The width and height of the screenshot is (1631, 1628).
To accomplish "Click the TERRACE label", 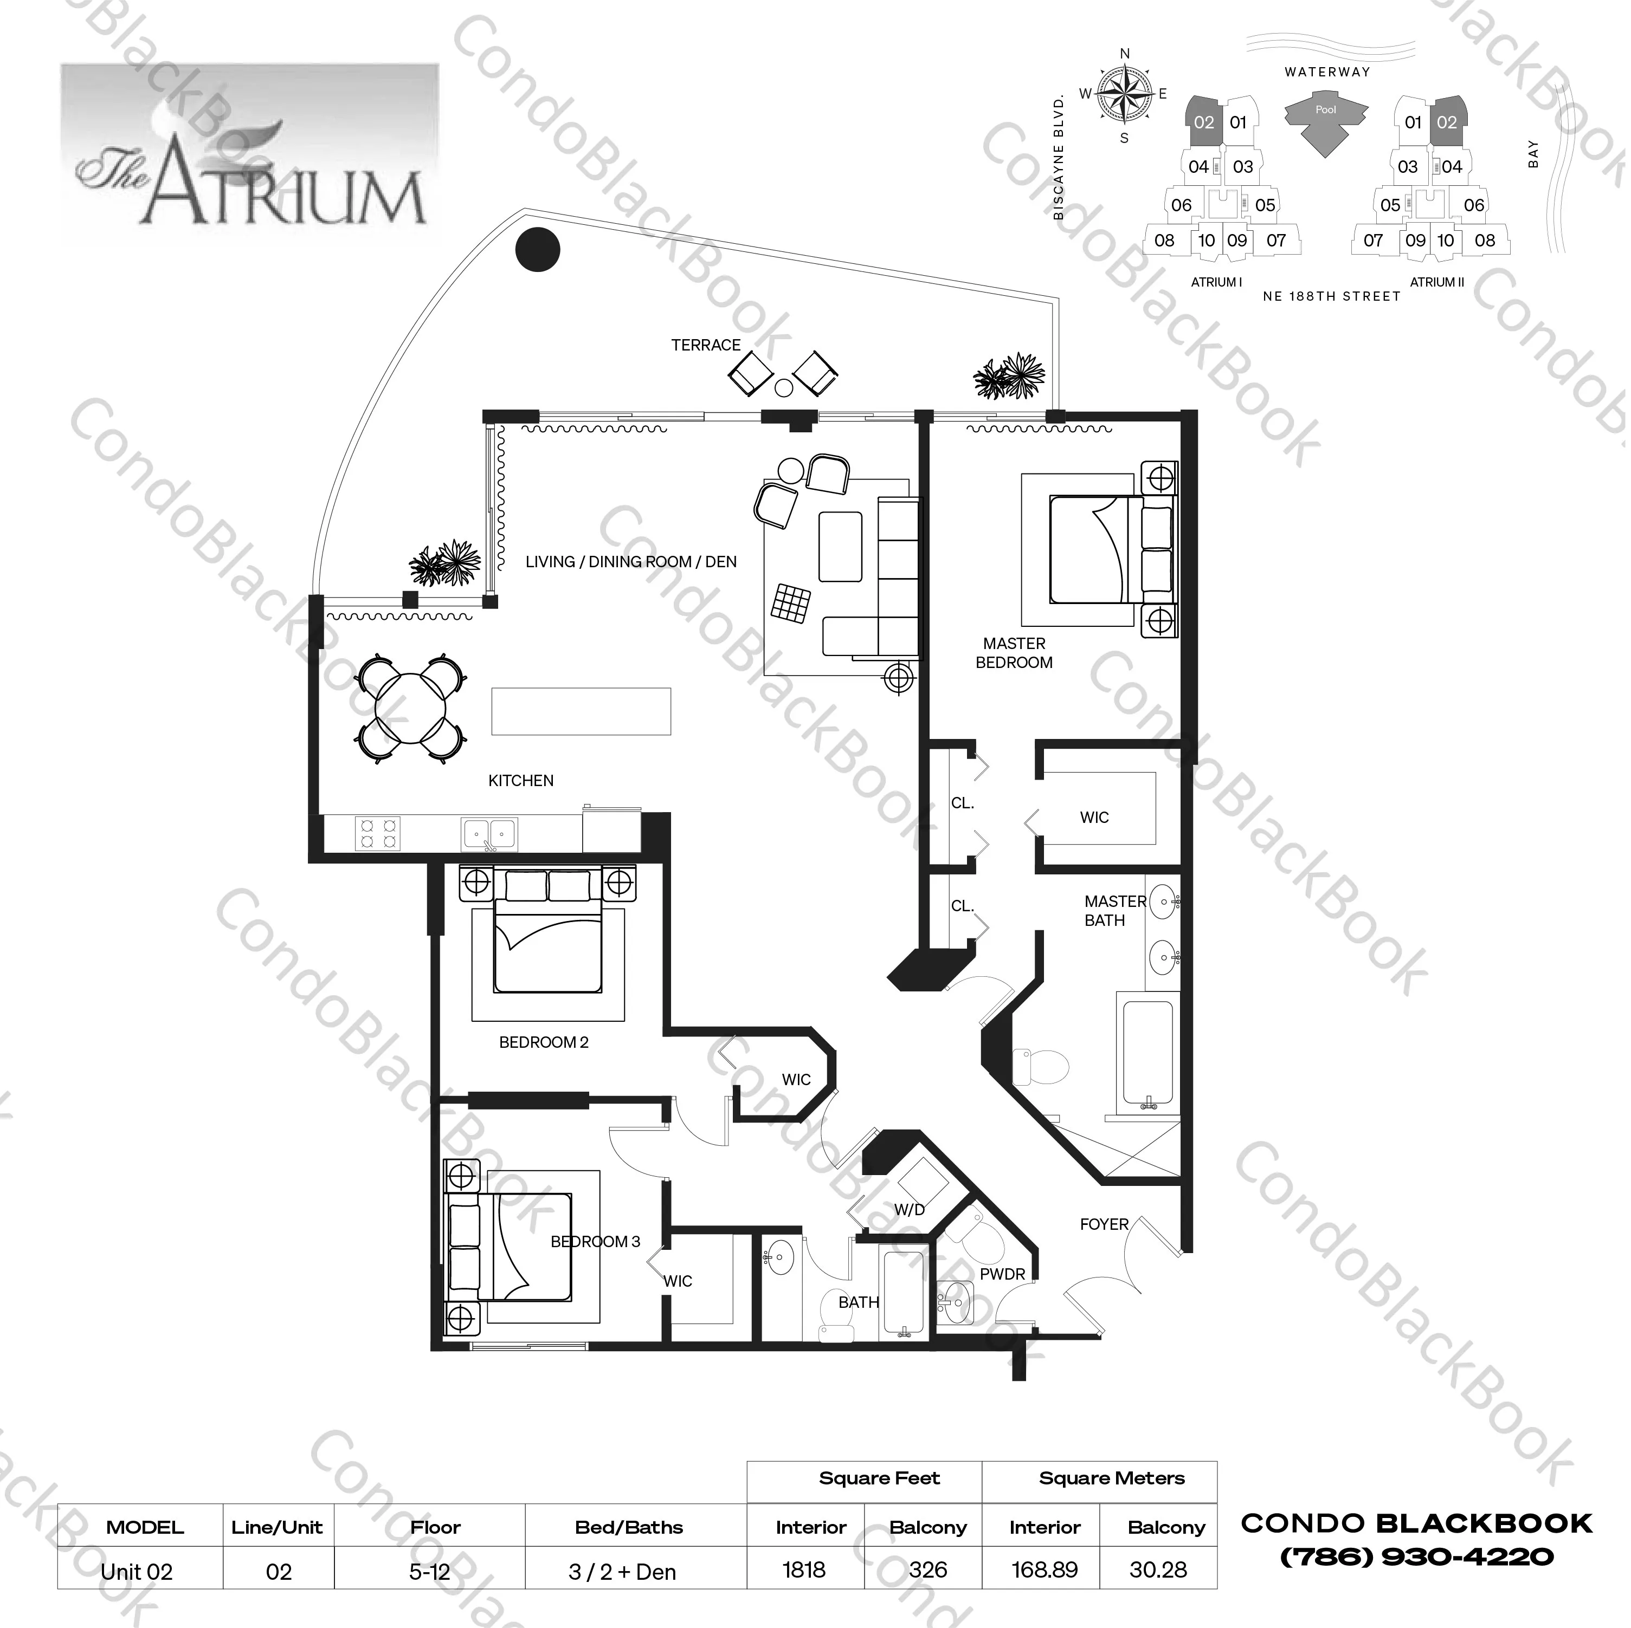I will [x=706, y=345].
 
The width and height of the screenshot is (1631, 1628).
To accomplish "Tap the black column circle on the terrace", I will [x=537, y=250].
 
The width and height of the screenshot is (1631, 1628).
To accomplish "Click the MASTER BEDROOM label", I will [x=1014, y=653].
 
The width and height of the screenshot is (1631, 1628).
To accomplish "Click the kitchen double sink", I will [x=489, y=834].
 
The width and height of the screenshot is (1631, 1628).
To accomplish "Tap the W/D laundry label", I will [x=909, y=1209].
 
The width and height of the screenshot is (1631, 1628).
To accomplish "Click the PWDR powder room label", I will [x=1002, y=1274].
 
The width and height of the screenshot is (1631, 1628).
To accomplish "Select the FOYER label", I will [x=1104, y=1224].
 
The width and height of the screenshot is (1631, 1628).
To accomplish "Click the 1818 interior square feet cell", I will [x=804, y=1570].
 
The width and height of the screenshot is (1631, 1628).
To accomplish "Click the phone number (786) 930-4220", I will [x=1416, y=1557].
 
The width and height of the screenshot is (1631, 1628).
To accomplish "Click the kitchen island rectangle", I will [x=581, y=711].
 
